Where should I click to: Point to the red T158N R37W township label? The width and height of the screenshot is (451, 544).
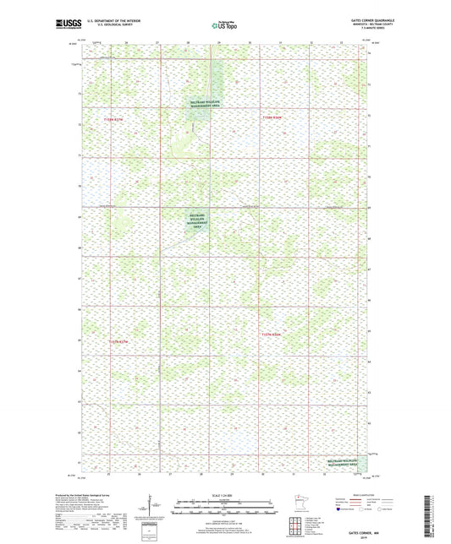point(113,119)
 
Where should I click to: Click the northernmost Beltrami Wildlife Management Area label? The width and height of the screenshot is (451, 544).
point(203,104)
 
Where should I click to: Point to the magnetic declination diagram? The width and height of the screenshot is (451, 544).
point(149,508)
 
